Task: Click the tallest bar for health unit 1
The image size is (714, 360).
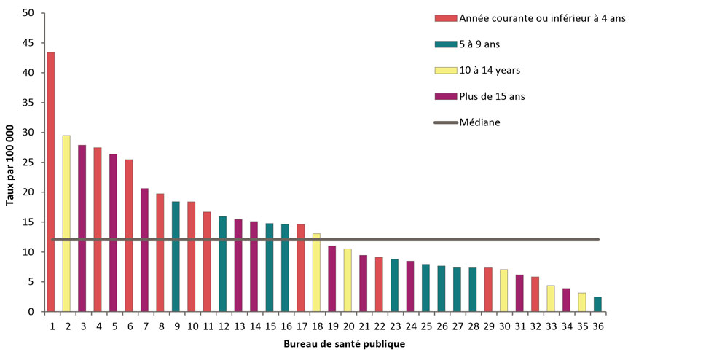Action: coord(51,182)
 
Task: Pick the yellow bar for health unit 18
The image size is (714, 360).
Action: coord(316,273)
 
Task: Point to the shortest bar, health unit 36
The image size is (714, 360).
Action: coord(597,305)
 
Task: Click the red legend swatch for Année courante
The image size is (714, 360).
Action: coord(444,18)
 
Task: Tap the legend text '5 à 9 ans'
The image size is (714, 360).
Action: coord(479,44)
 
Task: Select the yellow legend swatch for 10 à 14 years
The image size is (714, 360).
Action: coord(444,70)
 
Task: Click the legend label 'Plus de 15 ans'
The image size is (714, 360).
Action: coord(492,96)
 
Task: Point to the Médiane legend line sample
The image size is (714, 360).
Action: coord(444,122)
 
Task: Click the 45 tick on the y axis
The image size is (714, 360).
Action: coord(28,43)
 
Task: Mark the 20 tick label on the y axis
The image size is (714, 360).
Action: coord(28,192)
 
